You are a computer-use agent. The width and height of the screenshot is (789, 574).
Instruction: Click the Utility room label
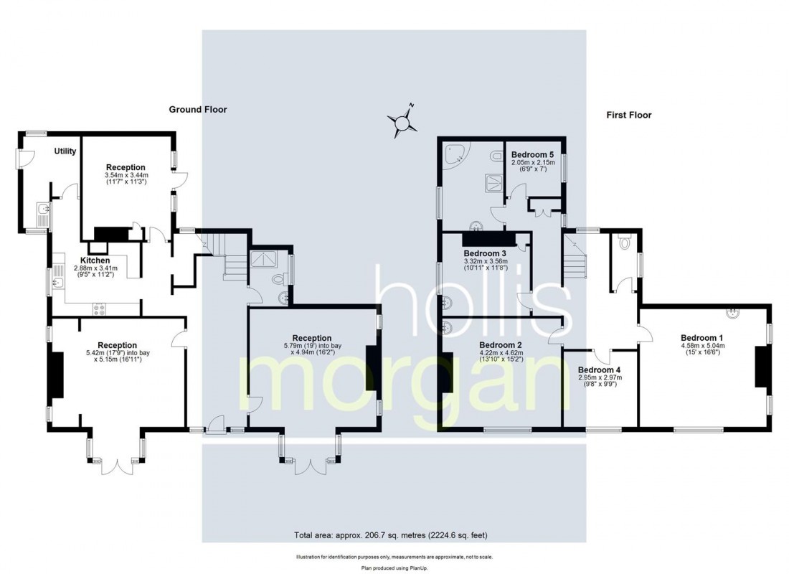point(65,151)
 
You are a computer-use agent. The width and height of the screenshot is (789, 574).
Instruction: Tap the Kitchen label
point(95,260)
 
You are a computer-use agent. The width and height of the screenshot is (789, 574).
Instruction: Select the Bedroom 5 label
point(533,154)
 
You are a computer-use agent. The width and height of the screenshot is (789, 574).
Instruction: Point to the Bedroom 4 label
point(600,370)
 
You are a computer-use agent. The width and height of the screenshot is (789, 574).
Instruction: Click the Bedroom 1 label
point(702,338)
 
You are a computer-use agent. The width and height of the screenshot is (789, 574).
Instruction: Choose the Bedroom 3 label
point(485,253)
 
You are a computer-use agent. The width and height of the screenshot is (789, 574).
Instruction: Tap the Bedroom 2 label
point(501,345)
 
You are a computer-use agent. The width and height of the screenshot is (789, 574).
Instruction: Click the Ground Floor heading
point(198,109)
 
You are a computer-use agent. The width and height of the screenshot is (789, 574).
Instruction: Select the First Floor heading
point(629,115)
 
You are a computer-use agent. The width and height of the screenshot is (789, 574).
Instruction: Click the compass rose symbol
point(402,122)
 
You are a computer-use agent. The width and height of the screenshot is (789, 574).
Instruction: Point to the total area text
point(390,535)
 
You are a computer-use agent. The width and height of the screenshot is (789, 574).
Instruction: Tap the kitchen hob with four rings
point(99,309)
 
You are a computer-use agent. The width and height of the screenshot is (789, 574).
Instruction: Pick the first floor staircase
point(574,255)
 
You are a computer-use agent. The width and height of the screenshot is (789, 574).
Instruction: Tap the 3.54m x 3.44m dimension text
point(126,175)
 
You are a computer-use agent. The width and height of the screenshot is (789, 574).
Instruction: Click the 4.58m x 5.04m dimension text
point(702,346)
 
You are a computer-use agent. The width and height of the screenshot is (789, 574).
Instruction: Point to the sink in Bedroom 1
point(732,313)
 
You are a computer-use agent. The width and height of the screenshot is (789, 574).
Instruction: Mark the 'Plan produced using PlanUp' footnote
point(394,568)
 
